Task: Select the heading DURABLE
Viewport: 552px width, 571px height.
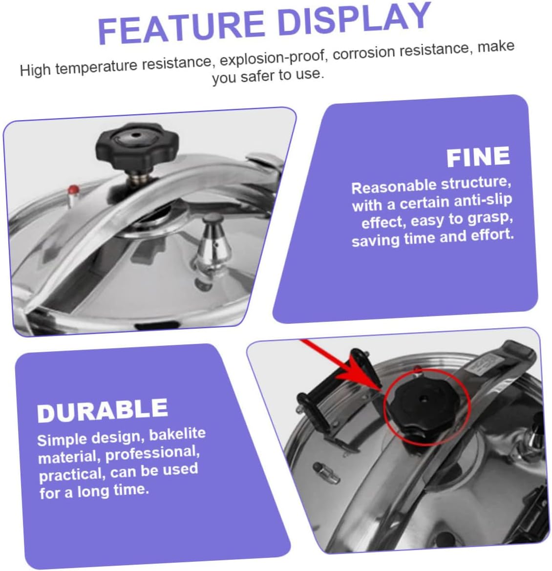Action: pos(102,410)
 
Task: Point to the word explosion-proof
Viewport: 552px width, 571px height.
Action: pos(272,58)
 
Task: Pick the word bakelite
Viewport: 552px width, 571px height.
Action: pos(177,434)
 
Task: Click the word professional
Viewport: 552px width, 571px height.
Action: pos(152,454)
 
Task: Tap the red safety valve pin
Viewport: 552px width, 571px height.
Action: pos(74,190)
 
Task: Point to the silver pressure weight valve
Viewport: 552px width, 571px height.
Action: pos(212,251)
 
